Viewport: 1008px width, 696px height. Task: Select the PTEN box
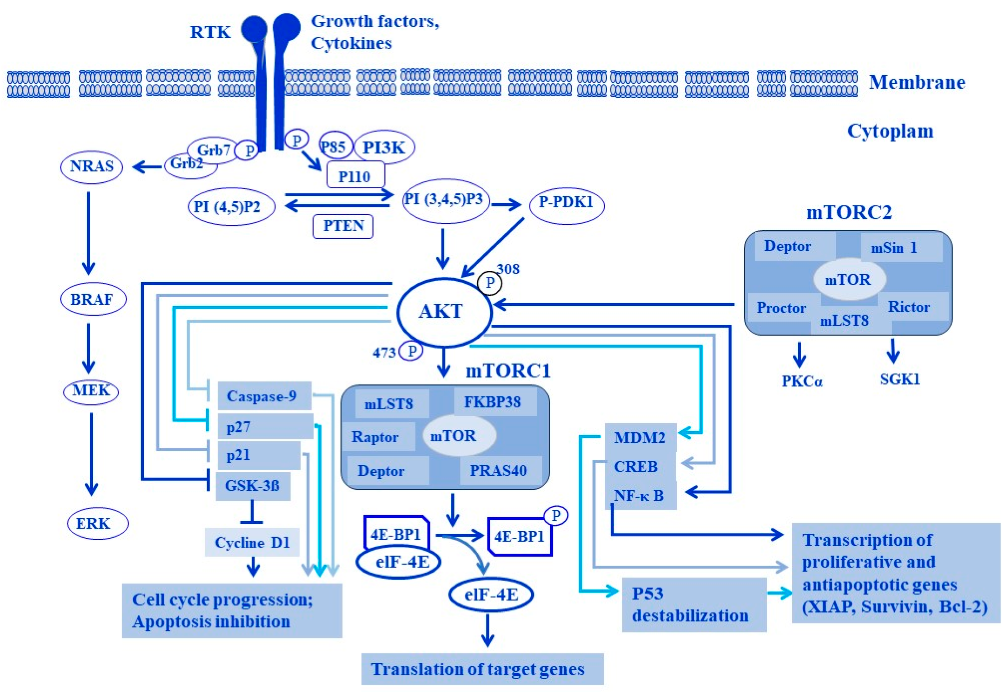343,226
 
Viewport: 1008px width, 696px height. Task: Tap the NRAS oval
91,166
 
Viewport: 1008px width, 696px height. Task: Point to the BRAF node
92,299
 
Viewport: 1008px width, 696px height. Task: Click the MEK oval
91,390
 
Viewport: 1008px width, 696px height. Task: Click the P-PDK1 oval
567,203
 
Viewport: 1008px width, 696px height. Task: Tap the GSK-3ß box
253,486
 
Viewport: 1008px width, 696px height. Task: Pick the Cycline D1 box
252,542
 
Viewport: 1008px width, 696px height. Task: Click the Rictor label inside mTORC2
909,307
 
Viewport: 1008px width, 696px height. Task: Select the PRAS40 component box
498,471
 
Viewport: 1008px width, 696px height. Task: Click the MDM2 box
640,437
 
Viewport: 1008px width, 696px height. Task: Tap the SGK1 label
900,379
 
